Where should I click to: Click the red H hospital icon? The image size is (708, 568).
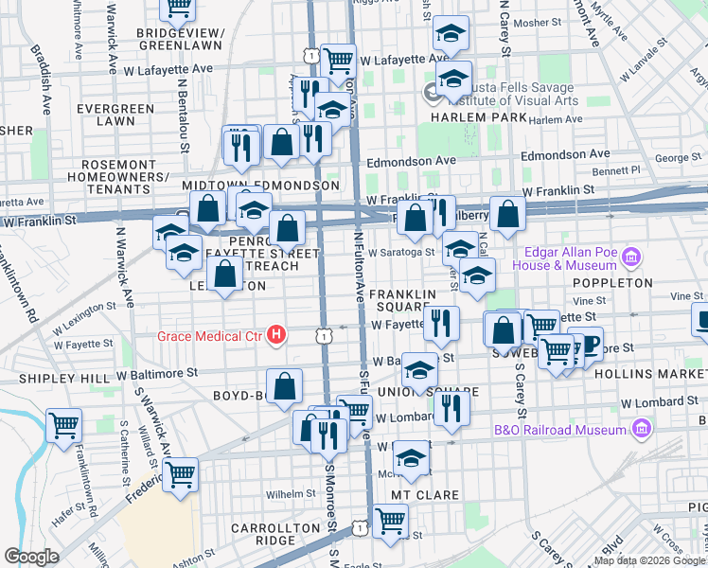point(276,334)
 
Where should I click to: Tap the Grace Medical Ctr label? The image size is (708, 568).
point(213,335)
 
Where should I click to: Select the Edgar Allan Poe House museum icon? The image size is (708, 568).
point(632,257)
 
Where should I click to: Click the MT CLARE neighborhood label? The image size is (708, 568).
point(425,495)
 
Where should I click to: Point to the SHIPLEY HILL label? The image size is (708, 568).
point(57,378)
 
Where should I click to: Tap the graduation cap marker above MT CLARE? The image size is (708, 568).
point(412,458)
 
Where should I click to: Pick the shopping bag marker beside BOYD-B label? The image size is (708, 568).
point(284,386)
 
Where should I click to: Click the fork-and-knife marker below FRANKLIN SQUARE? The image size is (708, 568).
point(441,324)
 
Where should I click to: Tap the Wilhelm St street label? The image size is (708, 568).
point(289,494)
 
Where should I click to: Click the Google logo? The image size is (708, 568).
point(31,558)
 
